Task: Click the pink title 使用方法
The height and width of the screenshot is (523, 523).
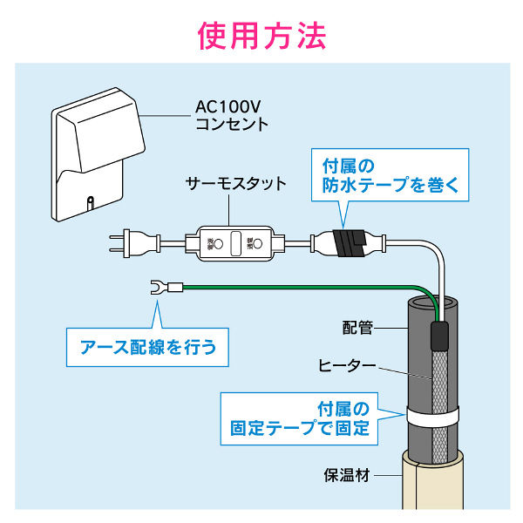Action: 261,36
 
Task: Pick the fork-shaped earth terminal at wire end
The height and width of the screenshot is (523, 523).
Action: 159,286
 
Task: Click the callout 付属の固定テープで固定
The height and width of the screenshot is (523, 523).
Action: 300,418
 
